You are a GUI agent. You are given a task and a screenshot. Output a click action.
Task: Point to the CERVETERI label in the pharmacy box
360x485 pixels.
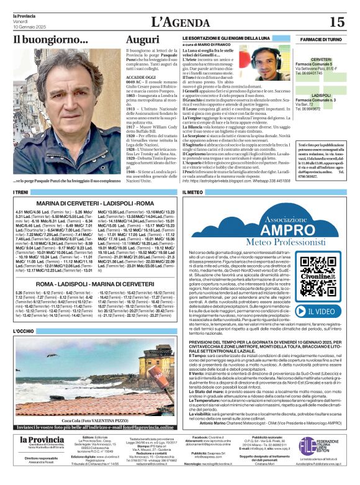(321, 60)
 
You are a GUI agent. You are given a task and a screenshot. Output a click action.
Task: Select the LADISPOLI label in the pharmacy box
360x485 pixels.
(321, 95)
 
